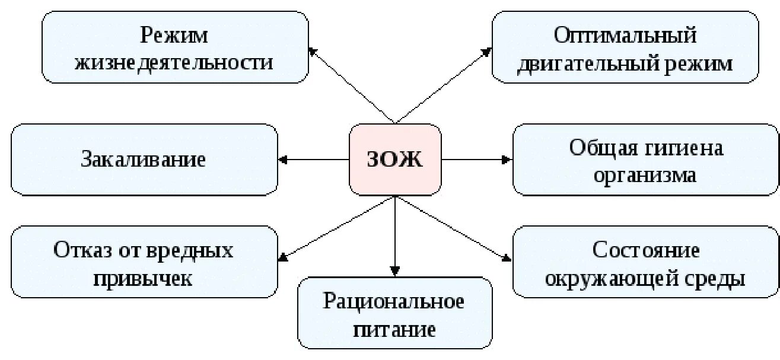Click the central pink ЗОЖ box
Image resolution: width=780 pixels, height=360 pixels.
click(x=395, y=160)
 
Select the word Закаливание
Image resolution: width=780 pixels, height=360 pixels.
click(x=144, y=160)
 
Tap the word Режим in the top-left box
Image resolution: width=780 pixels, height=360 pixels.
click(x=174, y=36)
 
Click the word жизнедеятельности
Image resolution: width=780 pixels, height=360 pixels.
click(x=174, y=62)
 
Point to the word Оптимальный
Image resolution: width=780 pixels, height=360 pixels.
click(x=625, y=36)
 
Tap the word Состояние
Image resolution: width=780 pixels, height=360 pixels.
click(x=646, y=250)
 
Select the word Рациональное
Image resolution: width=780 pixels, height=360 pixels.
click(x=394, y=301)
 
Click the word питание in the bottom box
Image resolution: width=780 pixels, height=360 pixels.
click(x=394, y=329)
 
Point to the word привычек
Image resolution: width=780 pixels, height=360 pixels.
click(x=144, y=278)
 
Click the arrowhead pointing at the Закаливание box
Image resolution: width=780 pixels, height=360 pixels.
click(x=283, y=160)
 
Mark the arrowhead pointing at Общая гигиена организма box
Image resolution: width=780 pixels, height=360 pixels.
click(x=506, y=160)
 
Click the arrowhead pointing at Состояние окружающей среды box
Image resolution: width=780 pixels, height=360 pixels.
click(x=506, y=258)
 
